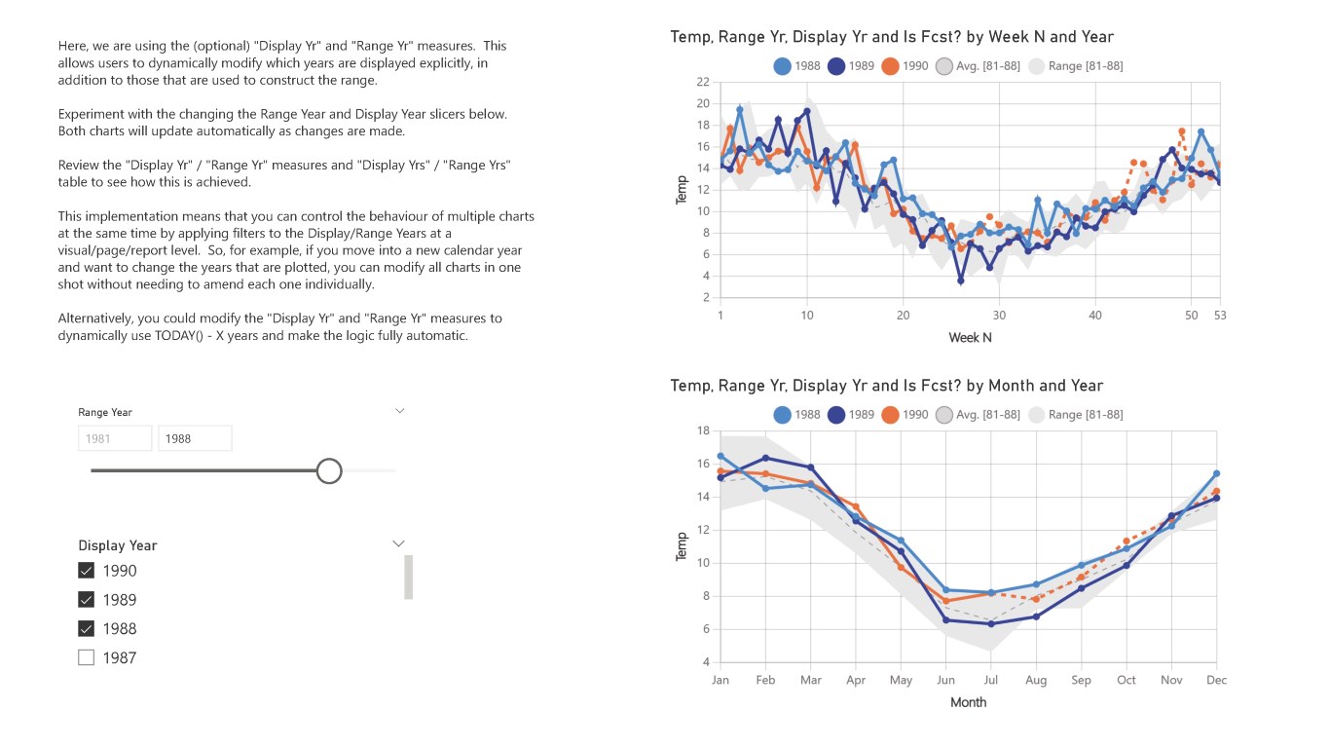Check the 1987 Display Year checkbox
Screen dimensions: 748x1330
[86, 657]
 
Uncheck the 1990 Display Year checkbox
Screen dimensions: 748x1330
[86, 571]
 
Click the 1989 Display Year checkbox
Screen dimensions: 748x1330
[86, 600]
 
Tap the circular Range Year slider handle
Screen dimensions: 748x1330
[329, 471]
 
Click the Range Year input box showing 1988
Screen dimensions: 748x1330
[195, 438]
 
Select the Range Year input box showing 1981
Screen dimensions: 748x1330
[115, 438]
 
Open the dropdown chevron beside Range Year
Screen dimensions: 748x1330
[399, 411]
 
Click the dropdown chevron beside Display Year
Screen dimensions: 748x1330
[398, 543]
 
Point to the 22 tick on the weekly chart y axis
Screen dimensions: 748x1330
[703, 82]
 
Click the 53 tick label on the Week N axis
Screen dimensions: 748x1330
[1220, 316]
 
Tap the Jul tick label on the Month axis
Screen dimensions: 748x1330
[990, 680]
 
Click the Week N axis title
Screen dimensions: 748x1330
[970, 338]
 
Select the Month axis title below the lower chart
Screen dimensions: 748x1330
[968, 702]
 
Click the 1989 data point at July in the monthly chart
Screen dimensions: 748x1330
[991, 623]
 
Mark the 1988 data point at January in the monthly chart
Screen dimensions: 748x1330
[720, 456]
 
